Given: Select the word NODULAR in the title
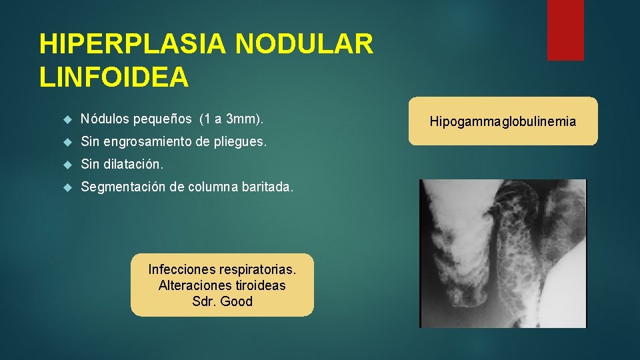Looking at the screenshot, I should pos(304,45).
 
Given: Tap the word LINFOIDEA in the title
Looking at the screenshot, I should pos(114,77).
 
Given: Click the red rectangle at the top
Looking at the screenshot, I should pos(565,30).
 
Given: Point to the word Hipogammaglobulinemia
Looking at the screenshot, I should pos(503,122).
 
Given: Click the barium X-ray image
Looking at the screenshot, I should pos(502,253).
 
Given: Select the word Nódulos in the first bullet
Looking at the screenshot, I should pos(104,120).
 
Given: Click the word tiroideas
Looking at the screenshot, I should pos(259,285).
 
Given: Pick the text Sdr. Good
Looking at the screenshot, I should pos(222,301).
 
